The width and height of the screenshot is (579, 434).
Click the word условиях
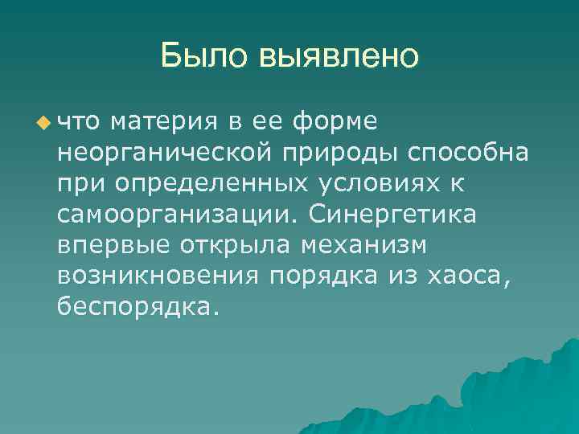[380, 183]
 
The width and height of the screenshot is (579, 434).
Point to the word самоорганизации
[178, 214]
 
